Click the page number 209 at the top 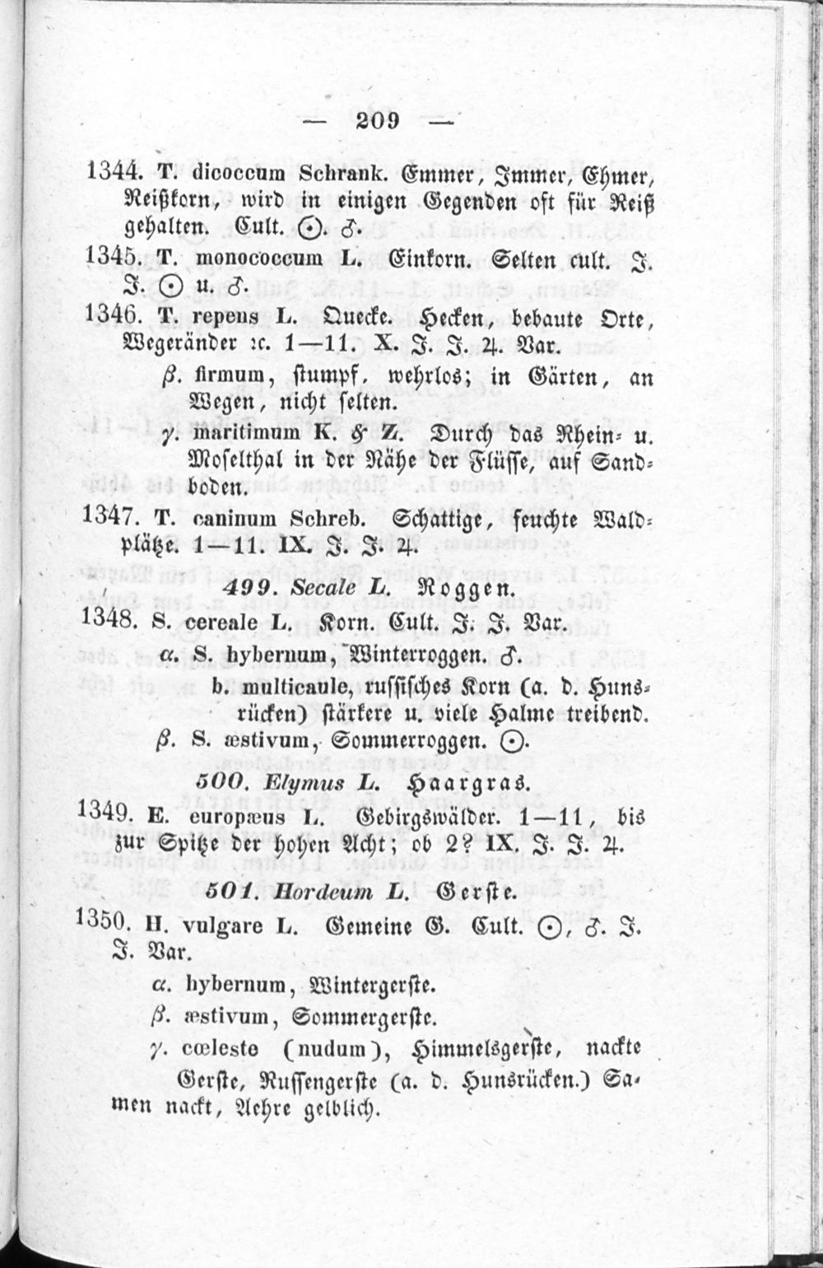pos(378,120)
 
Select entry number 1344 pos(114,171)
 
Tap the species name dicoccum pos(237,174)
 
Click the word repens pos(228,317)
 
